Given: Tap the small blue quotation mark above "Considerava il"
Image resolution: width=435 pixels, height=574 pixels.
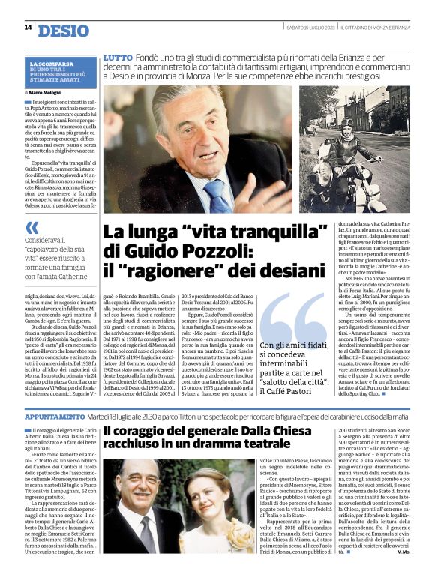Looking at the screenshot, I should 31,227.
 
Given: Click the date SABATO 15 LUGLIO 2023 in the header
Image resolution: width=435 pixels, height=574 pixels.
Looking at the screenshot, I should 310,27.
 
